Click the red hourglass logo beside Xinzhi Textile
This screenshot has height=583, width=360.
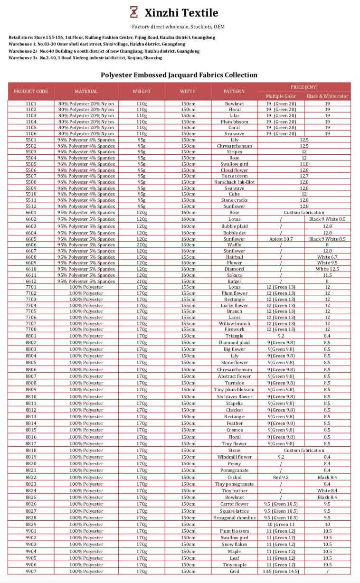(x=134, y=12)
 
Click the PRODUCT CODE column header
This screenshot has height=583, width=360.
(x=31, y=91)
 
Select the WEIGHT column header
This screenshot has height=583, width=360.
(x=142, y=91)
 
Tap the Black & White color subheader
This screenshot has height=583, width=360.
(x=327, y=96)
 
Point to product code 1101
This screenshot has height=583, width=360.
(x=31, y=103)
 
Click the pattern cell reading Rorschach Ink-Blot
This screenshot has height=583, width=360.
(x=234, y=182)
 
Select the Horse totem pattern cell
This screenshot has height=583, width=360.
(x=234, y=176)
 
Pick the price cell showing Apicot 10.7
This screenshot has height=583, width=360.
(x=281, y=239)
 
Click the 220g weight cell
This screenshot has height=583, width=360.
(x=142, y=245)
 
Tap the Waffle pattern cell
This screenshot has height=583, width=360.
(x=234, y=245)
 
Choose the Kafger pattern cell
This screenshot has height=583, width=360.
(x=234, y=281)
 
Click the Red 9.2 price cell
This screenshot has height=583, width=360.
(x=281, y=477)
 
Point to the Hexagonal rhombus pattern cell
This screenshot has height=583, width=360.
(x=234, y=517)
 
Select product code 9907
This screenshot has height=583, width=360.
(x=31, y=571)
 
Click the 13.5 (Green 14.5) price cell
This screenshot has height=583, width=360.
(x=281, y=571)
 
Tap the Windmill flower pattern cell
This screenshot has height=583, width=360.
(x=234, y=457)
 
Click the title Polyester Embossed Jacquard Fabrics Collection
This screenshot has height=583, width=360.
(x=179, y=75)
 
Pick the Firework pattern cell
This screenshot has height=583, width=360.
(x=234, y=329)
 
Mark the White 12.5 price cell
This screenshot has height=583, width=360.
(x=327, y=269)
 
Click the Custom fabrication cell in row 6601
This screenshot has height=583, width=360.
(x=304, y=213)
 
